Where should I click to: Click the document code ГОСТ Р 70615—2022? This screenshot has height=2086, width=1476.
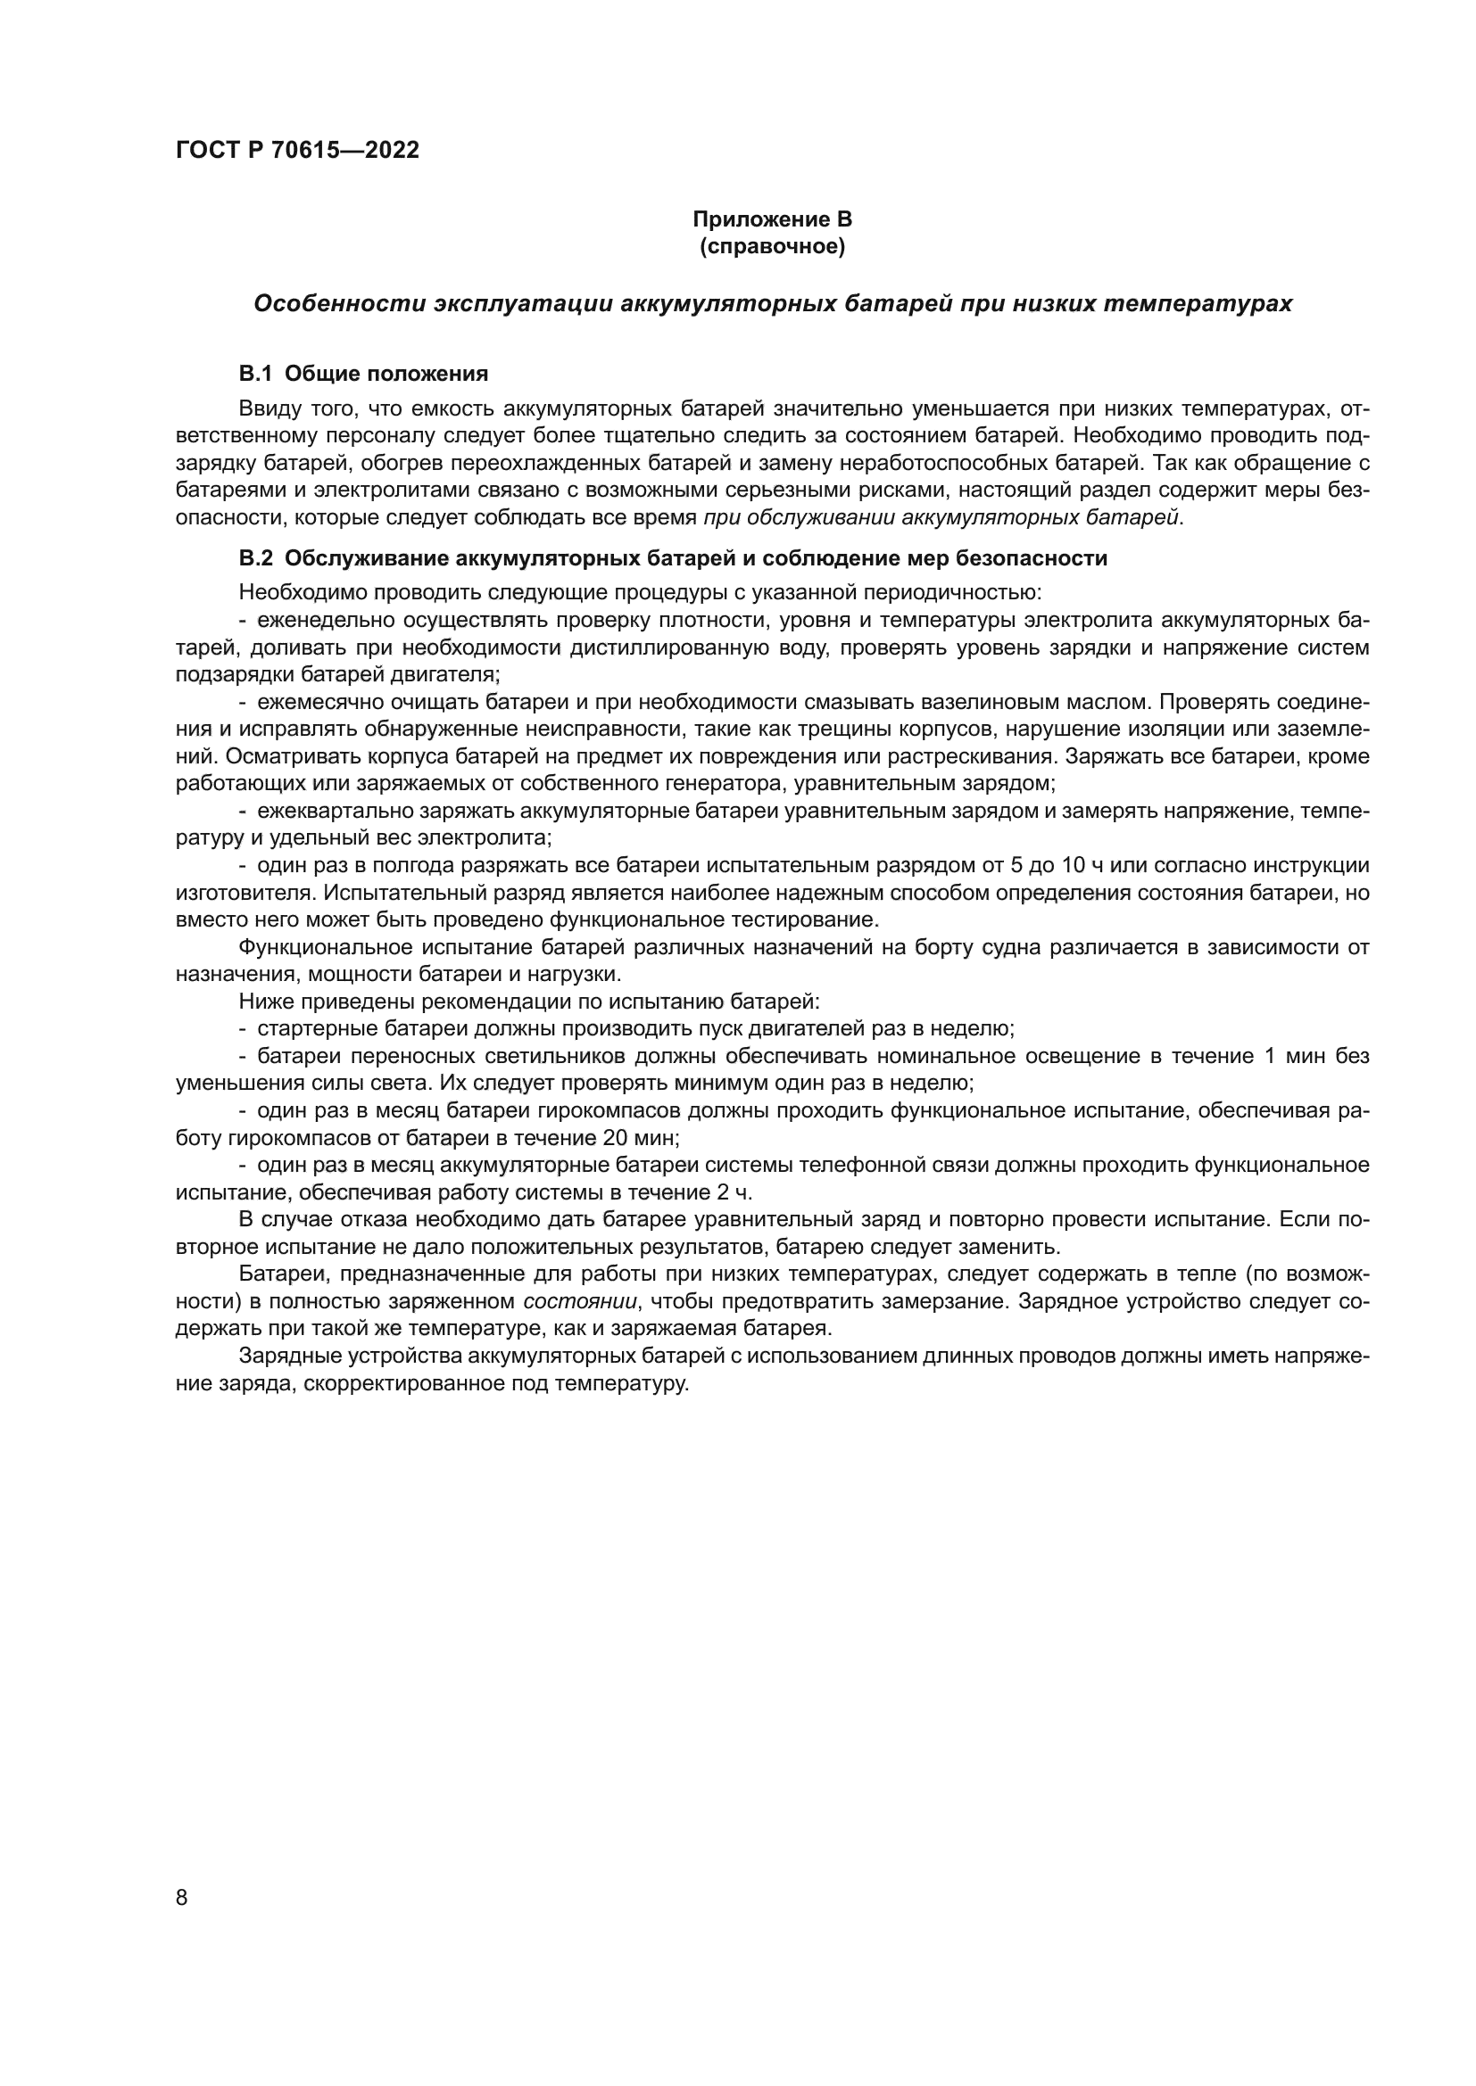coord(297,150)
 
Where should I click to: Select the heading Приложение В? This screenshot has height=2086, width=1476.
coord(772,219)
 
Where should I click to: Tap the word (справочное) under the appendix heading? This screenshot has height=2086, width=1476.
coord(772,246)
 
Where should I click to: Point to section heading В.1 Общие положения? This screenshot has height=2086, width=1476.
coord(363,374)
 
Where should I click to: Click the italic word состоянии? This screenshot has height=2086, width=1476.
coord(581,1301)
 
